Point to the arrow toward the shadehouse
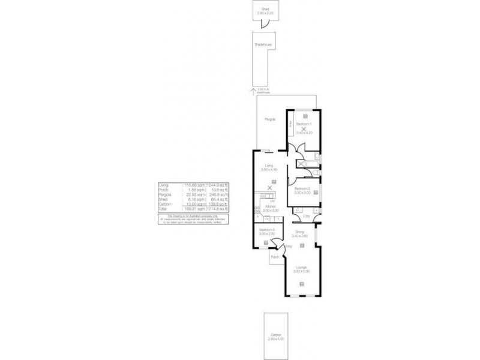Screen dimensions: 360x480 tap(254, 89)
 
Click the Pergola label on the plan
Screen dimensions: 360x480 tap(271, 119)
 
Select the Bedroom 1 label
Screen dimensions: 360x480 tap(304, 123)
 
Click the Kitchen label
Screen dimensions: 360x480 tap(270, 206)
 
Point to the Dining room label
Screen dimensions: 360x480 tap(301, 232)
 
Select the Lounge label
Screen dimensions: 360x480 tap(301, 268)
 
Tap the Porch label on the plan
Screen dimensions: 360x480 tap(275, 257)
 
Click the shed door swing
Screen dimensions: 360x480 tap(262, 23)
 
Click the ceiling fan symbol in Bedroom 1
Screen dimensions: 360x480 tap(304, 130)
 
